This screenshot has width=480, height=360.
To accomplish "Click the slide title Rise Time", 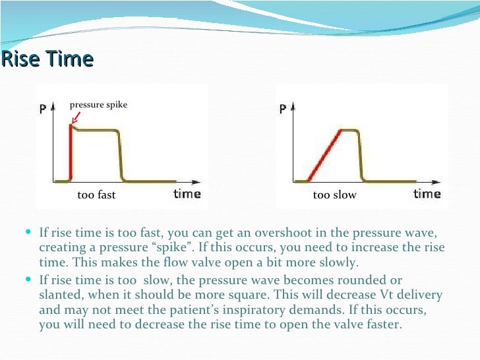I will [x=47, y=59].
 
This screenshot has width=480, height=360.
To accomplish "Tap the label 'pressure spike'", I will [x=98, y=104].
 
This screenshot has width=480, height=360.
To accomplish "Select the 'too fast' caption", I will [x=96, y=195].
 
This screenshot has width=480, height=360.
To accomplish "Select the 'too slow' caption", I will [x=334, y=195].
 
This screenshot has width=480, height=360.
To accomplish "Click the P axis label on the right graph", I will [x=283, y=109].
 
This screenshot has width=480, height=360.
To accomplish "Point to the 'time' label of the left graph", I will [x=187, y=194].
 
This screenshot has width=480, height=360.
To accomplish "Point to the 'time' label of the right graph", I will [x=427, y=194].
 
